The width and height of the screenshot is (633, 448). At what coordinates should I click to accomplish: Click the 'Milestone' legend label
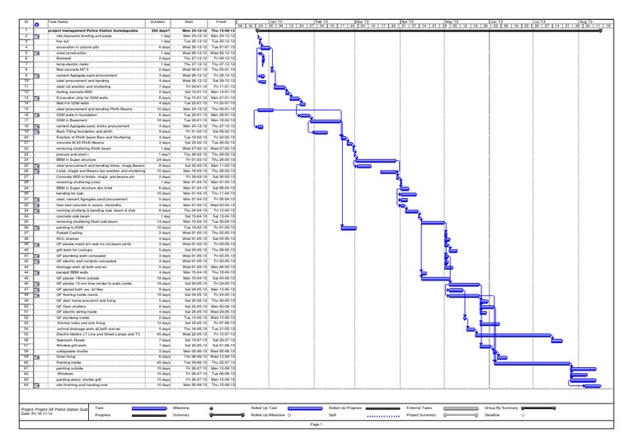pyautogui.click(x=182, y=408)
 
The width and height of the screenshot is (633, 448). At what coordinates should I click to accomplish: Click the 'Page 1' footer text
pyautogui.click(x=316, y=423)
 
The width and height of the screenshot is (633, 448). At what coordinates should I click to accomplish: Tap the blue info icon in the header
pyautogui.click(x=27, y=24)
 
